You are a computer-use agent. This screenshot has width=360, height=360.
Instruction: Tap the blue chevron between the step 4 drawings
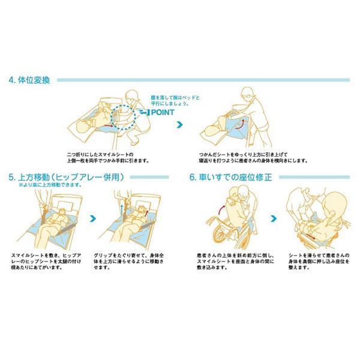[x=178, y=125]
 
